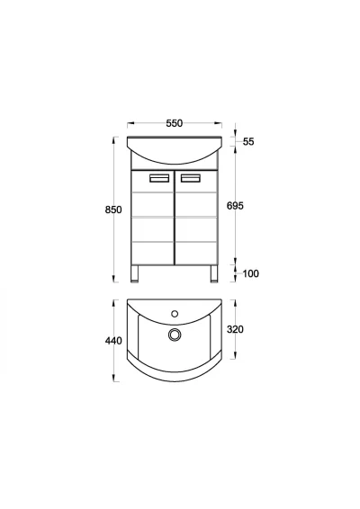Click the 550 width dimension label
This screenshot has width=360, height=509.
click(x=175, y=123)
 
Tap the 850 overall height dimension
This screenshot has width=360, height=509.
click(x=113, y=210)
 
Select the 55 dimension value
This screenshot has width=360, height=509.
click(x=248, y=141)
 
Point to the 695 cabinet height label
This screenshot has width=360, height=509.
click(x=235, y=206)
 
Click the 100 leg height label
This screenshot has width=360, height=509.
click(x=251, y=273)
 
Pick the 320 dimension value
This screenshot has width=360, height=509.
click(x=235, y=329)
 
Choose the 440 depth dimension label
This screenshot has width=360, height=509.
click(x=113, y=341)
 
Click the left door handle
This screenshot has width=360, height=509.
click(x=159, y=178)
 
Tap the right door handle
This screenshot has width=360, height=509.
click(x=191, y=178)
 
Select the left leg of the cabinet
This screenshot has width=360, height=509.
click(x=134, y=273)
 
